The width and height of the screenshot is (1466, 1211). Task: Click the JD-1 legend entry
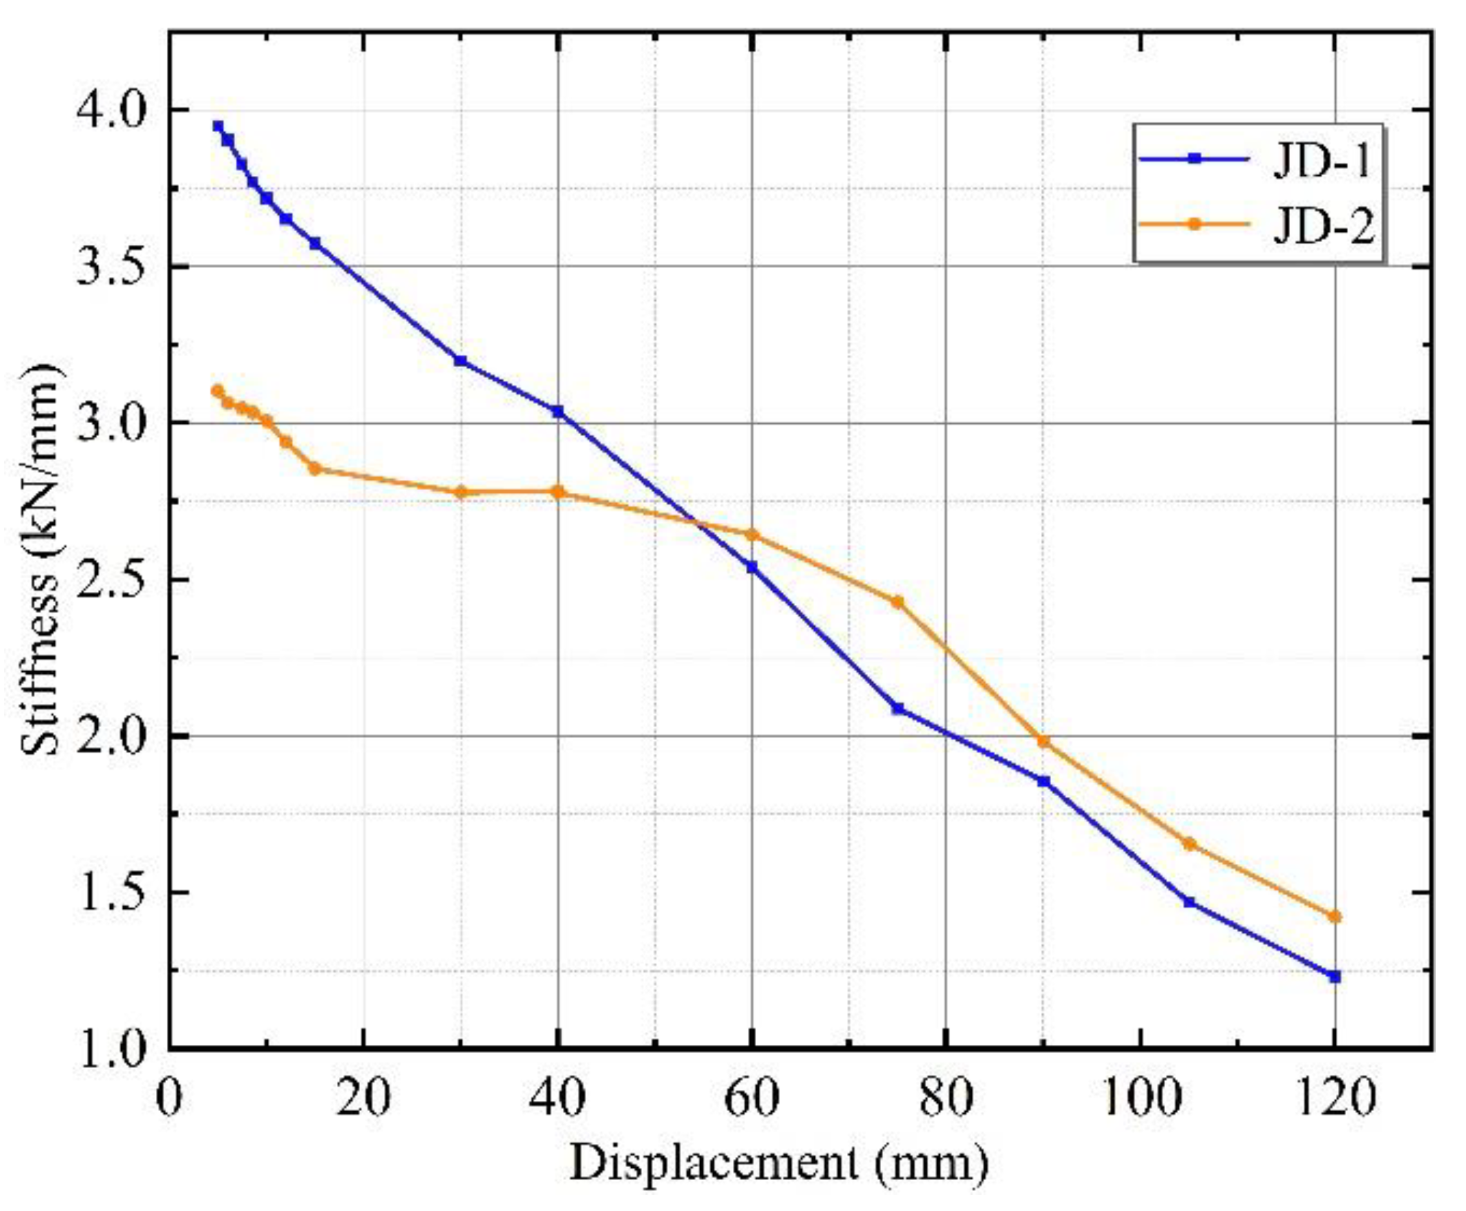click(1255, 160)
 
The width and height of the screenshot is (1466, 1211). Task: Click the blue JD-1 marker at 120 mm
click(1334, 977)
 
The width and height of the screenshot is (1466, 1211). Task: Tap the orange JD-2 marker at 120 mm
click(1334, 917)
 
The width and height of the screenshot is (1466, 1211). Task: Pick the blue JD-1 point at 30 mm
click(460, 361)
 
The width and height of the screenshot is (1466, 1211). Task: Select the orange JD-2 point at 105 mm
click(1189, 844)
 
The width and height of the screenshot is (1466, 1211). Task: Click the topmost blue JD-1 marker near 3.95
click(218, 126)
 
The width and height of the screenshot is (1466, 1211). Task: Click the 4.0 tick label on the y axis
click(107, 111)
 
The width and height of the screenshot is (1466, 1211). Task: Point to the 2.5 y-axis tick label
click(107, 580)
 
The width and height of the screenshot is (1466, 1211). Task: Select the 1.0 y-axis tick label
click(107, 1049)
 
